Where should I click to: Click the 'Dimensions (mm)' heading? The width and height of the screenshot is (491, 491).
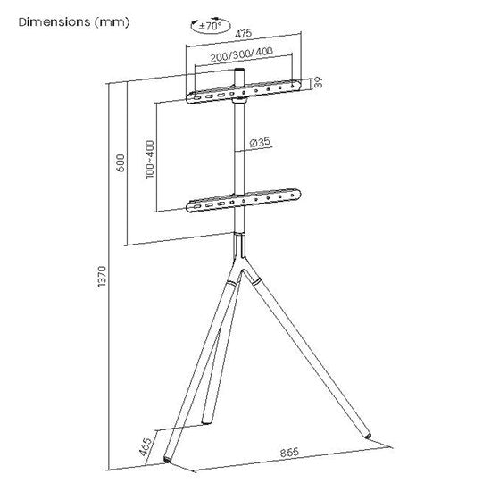point(74,22)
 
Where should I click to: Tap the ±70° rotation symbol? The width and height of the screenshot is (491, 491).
point(211,26)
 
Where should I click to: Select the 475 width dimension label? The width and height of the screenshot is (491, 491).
point(244,34)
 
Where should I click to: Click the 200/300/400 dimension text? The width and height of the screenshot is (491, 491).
point(241,54)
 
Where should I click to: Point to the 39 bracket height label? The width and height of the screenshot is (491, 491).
point(318,82)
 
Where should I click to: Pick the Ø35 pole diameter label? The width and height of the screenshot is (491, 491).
point(260,142)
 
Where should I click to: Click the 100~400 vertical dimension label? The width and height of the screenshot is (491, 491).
point(150,160)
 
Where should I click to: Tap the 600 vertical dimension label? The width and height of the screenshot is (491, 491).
point(121,162)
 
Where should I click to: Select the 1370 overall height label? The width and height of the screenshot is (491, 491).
point(102,276)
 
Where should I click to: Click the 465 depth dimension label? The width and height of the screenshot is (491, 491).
point(146,445)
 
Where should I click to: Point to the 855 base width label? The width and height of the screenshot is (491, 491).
point(289,453)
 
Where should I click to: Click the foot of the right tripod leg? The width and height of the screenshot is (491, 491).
point(367,436)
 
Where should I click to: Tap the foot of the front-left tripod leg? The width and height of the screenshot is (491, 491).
point(168,460)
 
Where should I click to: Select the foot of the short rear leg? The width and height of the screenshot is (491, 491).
point(206,422)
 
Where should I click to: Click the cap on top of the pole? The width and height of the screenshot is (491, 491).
point(240,71)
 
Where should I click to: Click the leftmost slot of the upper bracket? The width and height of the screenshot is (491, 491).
point(196,98)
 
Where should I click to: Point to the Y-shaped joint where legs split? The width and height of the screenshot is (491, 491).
point(240,257)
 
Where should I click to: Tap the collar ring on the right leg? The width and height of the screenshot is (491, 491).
point(256,280)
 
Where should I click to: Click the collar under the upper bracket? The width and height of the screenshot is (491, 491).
point(240,101)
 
